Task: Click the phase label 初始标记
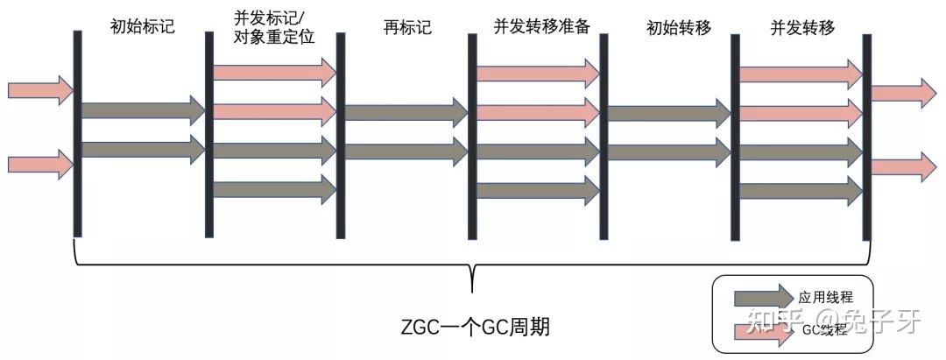pos(143,26)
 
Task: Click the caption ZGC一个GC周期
pos(473,329)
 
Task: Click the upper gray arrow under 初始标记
pos(143,110)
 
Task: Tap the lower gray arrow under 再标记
pos(406,151)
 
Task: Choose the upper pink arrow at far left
pos(39,89)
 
